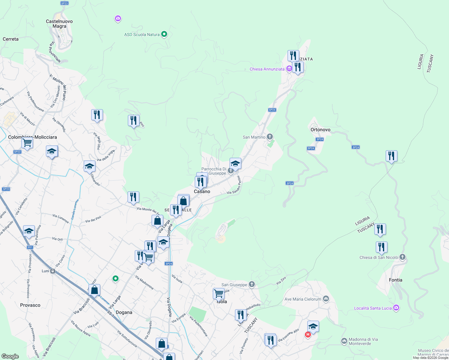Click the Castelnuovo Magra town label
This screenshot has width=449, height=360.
pyautogui.click(x=59, y=24)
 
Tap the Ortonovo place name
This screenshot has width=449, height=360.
pyautogui.click(x=320, y=130)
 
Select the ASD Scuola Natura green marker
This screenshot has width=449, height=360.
pyautogui.click(x=164, y=34)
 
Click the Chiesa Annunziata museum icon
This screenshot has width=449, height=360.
pyautogui.click(x=289, y=69)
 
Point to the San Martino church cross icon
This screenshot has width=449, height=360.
pyautogui.click(x=270, y=137)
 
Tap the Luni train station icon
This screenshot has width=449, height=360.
pyautogui.click(x=53, y=271)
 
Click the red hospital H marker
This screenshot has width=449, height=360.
pyautogui.click(x=308, y=334)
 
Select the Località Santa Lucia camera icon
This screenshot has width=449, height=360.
pyautogui.click(x=396, y=308)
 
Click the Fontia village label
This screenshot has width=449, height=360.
pyautogui.click(x=395, y=280)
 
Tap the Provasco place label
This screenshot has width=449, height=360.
pyautogui.click(x=30, y=305)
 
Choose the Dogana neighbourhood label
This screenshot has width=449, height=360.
pyautogui.click(x=124, y=312)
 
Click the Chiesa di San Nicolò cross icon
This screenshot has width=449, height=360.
pyautogui.click(x=402, y=257)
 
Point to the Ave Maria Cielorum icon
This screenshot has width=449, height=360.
pyautogui.click(x=326, y=299)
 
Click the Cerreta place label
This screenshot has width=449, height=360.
pyautogui.click(x=11, y=39)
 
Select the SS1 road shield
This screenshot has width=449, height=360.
pyautogui.click(x=30, y=247)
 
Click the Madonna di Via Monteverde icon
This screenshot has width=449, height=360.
pyautogui.click(x=344, y=341)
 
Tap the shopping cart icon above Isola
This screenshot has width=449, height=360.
pyautogui.click(x=218, y=293)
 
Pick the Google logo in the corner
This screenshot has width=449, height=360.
pyautogui.click(x=10, y=356)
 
